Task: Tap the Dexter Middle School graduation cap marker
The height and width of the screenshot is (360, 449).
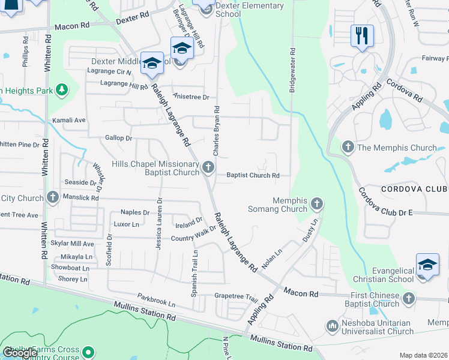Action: pyautogui.click(x=152, y=63)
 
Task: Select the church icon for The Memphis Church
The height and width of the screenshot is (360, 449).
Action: pyautogui.click(x=348, y=147)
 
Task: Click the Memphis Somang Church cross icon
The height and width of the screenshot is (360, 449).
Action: pyautogui.click(x=317, y=205)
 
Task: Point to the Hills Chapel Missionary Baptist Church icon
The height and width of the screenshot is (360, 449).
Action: pyautogui.click(x=208, y=167)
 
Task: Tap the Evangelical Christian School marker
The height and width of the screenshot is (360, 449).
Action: pyautogui.click(x=427, y=265)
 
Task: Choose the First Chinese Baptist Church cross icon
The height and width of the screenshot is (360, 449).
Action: pyautogui.click(x=409, y=298)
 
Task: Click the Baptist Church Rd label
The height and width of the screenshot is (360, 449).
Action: pyautogui.click(x=253, y=176)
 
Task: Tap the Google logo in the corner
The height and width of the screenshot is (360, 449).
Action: pyautogui.click(x=20, y=353)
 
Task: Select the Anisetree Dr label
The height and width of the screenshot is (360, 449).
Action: pyautogui.click(x=190, y=97)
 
